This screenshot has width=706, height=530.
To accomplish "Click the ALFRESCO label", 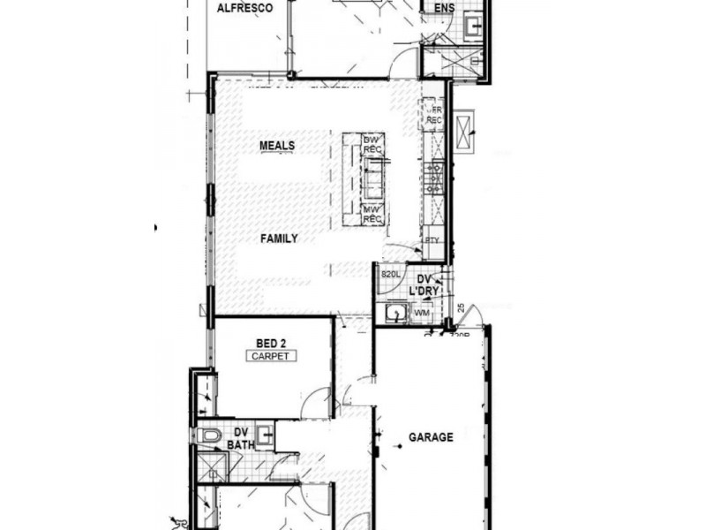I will coord(243,8).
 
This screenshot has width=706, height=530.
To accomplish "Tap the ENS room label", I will coord(443,8).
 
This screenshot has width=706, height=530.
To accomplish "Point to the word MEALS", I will coord(277,146).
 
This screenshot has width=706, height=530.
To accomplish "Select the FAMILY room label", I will coord(279,238).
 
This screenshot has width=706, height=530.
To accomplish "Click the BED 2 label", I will coord(271,343).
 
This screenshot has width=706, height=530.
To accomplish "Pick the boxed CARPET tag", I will coord(271,356).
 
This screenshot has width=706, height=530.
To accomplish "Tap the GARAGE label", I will coord(431,437).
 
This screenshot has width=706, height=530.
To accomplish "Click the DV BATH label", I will coord(240,439).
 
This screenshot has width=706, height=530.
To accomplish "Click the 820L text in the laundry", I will coord(390,276).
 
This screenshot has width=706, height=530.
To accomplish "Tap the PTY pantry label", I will coord(432,240).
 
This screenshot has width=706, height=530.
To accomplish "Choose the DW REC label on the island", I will coord(372,145).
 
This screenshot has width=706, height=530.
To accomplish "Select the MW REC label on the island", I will coord(372,214).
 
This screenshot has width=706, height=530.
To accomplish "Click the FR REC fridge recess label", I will coord(434,115).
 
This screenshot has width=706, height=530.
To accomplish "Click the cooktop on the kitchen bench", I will coord(433,178).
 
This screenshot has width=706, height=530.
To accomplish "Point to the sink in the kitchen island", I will coord(374,179).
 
